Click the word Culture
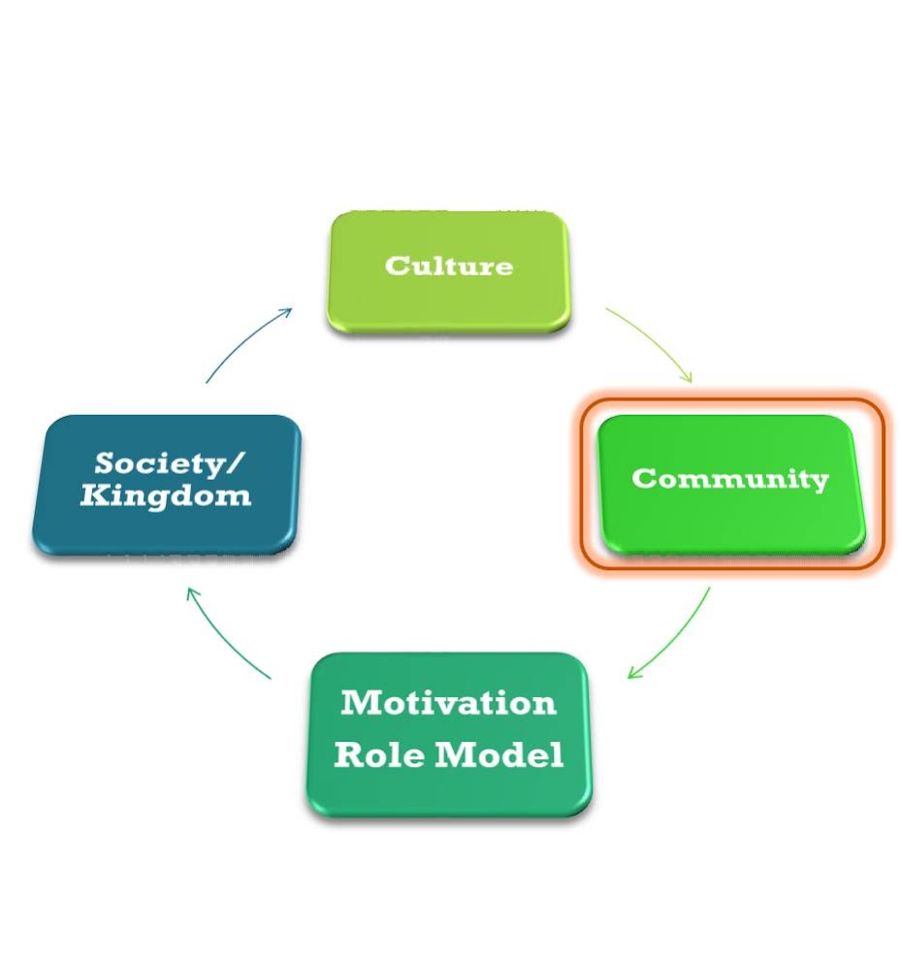pos(448,266)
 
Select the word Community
pos(730,479)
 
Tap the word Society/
pos(170,463)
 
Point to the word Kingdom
pos(166,496)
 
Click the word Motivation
pos(448,702)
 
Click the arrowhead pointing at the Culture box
pos(285,313)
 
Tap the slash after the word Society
pos(236,463)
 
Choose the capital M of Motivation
pos(360,702)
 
